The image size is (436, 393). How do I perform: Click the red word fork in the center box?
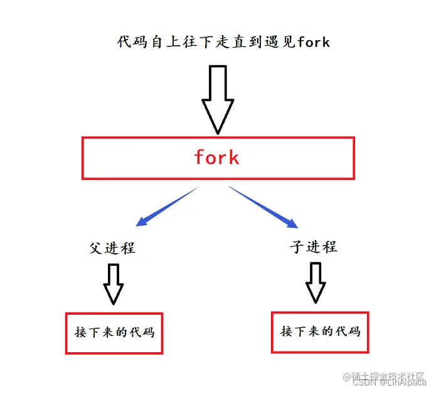click(216, 157)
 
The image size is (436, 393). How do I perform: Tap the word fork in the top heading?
click(314, 43)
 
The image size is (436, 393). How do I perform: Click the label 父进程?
click(112, 248)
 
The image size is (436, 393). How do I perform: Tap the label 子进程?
click(314, 246)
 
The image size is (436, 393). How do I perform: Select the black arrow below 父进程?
click(114, 283)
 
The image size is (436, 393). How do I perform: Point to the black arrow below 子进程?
click(316, 282)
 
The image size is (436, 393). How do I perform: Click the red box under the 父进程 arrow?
click(114, 333)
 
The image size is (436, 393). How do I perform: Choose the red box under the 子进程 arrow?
click(320, 332)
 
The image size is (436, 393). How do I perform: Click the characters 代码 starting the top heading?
click(133, 43)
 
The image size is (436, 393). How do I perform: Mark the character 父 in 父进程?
click(96, 248)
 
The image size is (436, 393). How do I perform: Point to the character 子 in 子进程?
click(297, 246)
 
